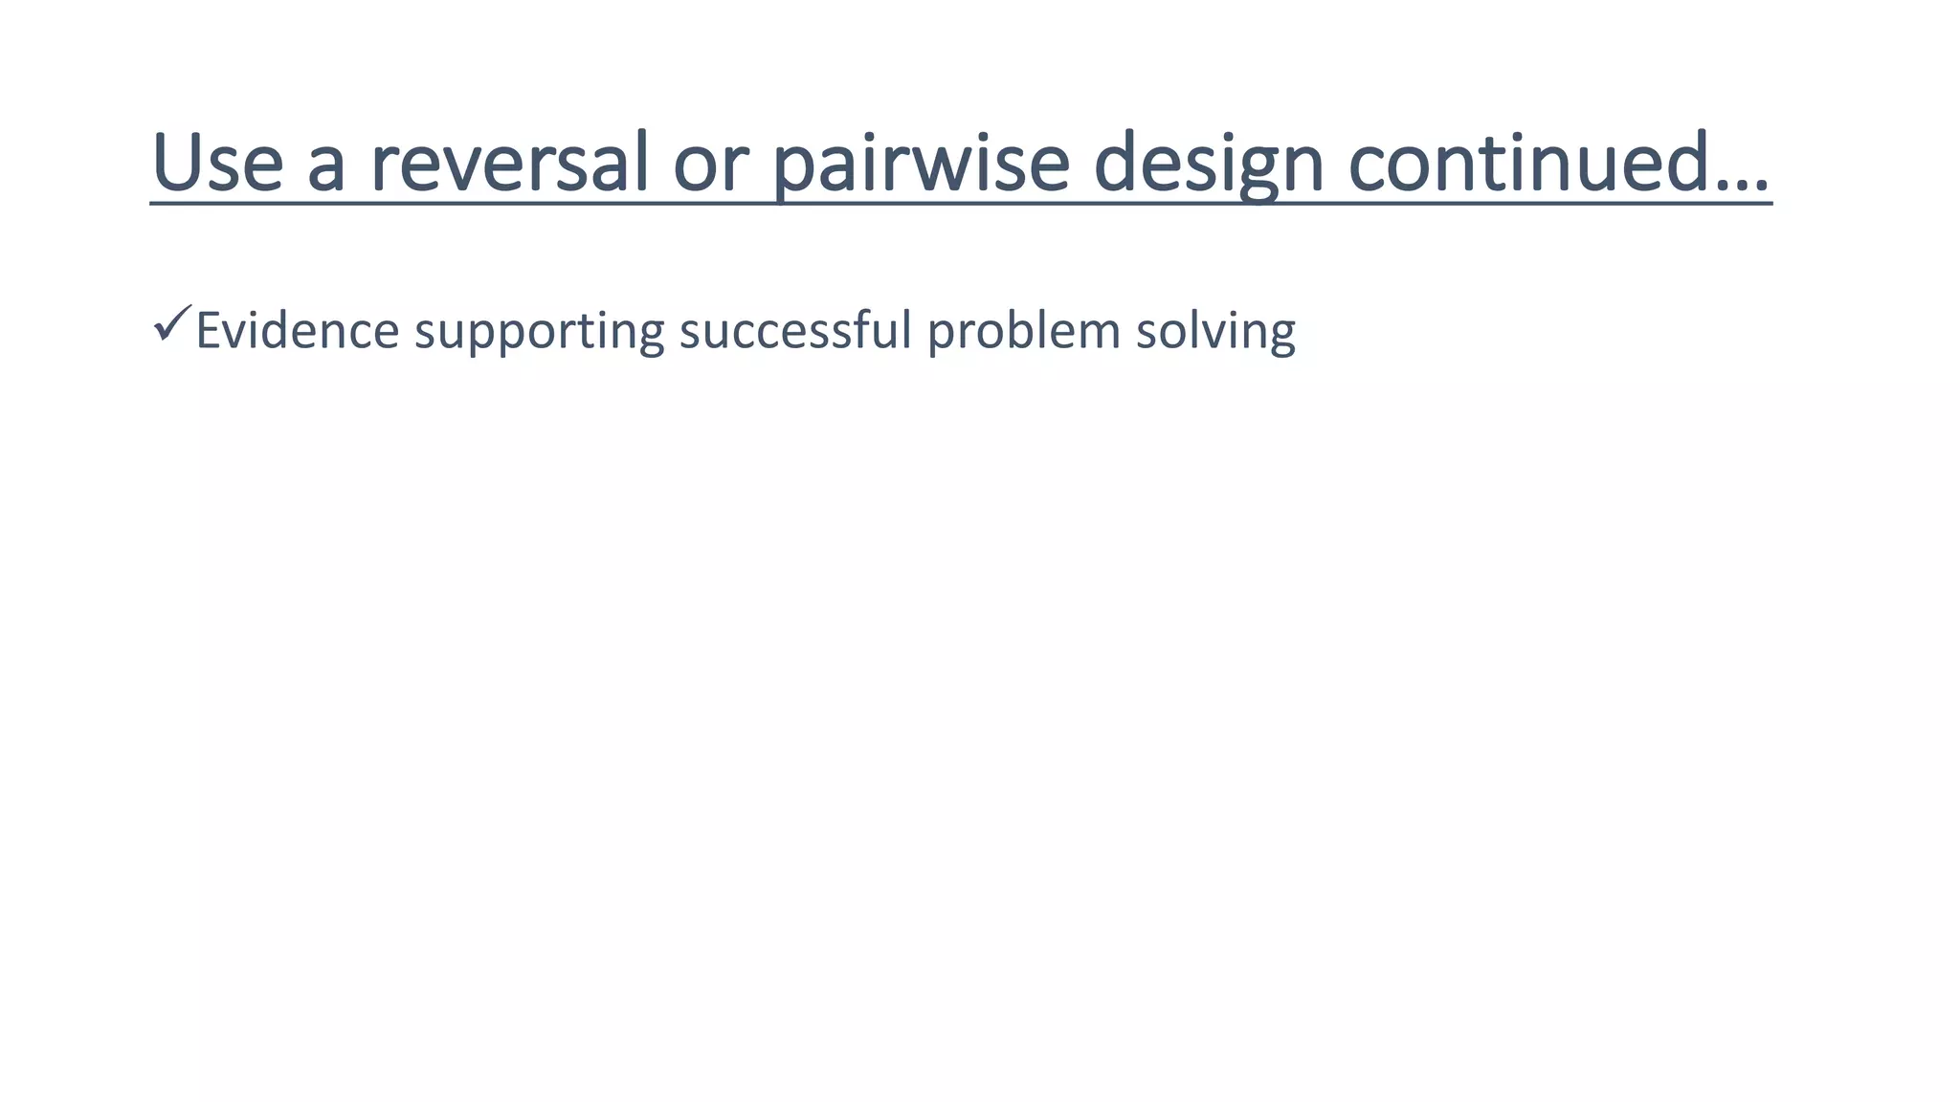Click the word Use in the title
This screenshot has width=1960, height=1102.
click(x=217, y=163)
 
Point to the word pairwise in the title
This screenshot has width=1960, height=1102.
click(x=920, y=163)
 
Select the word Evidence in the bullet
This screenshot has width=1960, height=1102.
click(x=297, y=331)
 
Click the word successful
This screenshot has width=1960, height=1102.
click(x=795, y=331)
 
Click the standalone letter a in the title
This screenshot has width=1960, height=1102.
click(x=326, y=166)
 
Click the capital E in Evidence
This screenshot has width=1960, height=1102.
click(x=208, y=331)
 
